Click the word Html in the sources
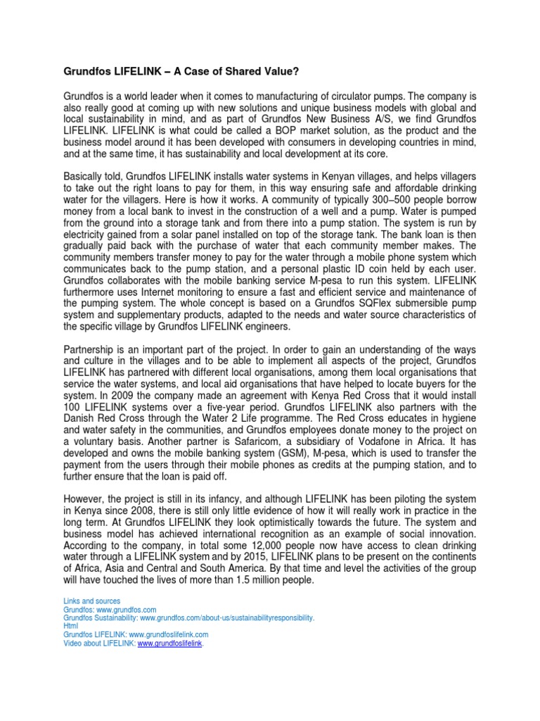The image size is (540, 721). click(70, 626)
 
